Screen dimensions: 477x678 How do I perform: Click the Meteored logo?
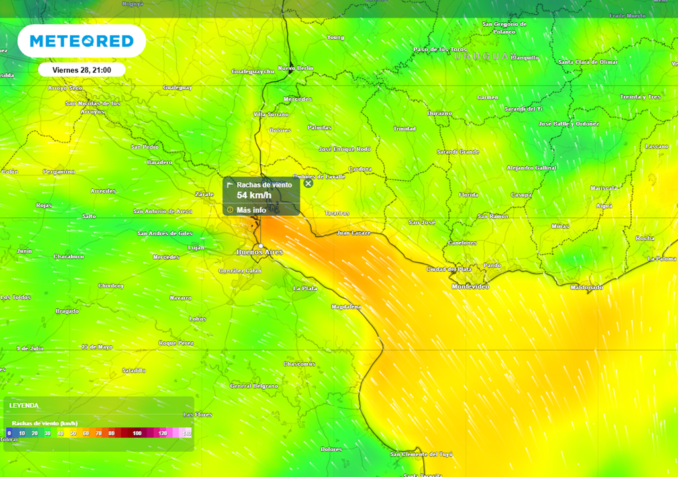click(81, 41)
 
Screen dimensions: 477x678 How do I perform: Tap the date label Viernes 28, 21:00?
click(81, 70)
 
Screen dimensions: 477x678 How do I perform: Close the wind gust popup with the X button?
click(308, 184)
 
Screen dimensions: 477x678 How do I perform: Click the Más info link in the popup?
click(251, 210)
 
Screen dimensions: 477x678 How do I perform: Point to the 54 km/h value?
click(254, 195)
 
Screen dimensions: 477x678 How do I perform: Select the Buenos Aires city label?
click(260, 252)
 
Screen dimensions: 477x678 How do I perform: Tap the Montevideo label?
click(470, 286)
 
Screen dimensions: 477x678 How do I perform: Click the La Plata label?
click(305, 288)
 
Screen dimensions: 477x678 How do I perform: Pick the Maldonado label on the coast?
click(586, 288)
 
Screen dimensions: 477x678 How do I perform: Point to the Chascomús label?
click(299, 364)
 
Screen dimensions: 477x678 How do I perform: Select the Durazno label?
click(440, 113)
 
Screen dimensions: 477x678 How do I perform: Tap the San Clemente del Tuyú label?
click(421, 454)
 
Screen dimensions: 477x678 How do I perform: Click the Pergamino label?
click(59, 172)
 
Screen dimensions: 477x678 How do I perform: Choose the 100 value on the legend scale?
click(137, 433)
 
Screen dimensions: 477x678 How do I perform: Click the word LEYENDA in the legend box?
click(24, 405)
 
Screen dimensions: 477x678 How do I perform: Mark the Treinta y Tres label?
click(640, 97)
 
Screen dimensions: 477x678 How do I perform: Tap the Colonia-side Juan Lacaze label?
click(354, 233)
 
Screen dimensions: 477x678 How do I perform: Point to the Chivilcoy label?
click(111, 286)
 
